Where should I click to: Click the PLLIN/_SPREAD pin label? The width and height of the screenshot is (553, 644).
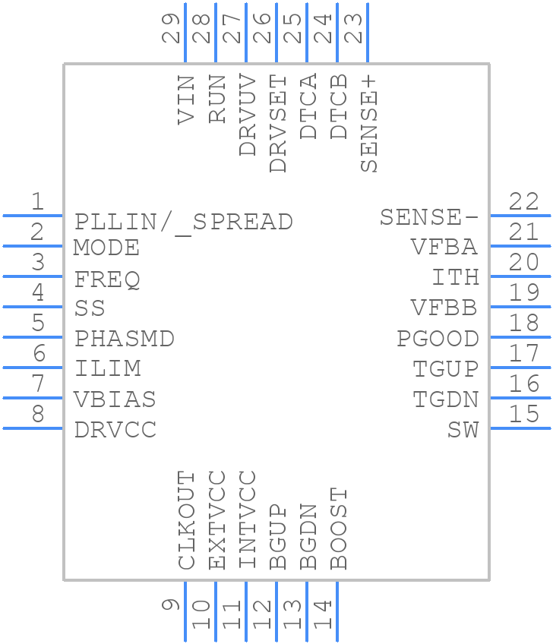[x=183, y=222]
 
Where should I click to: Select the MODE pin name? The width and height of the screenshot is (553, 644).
[x=106, y=248]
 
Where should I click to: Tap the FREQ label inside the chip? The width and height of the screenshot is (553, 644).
[x=107, y=279]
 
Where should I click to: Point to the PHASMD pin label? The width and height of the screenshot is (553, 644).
[x=125, y=339]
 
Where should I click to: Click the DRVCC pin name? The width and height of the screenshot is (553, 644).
[x=115, y=430]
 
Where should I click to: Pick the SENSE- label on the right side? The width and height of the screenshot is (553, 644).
[x=429, y=218]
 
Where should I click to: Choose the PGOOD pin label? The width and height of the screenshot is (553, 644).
[x=438, y=339]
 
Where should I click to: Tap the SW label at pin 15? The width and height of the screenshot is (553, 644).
[x=463, y=430]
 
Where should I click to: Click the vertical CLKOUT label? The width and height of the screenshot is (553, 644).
[x=186, y=520]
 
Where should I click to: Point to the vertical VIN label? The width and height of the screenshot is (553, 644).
[x=186, y=99]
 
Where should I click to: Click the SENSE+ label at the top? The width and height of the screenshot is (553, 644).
[x=368, y=124]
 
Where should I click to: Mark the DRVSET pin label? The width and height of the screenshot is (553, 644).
[x=278, y=124]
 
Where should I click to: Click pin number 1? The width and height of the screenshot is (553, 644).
[x=36, y=202]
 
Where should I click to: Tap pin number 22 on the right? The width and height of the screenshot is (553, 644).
[x=524, y=202]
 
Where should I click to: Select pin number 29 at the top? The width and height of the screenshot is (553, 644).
[x=173, y=29]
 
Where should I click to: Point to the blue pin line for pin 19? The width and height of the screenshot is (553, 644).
[x=520, y=307]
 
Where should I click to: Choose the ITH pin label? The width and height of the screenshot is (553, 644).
[x=455, y=278]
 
